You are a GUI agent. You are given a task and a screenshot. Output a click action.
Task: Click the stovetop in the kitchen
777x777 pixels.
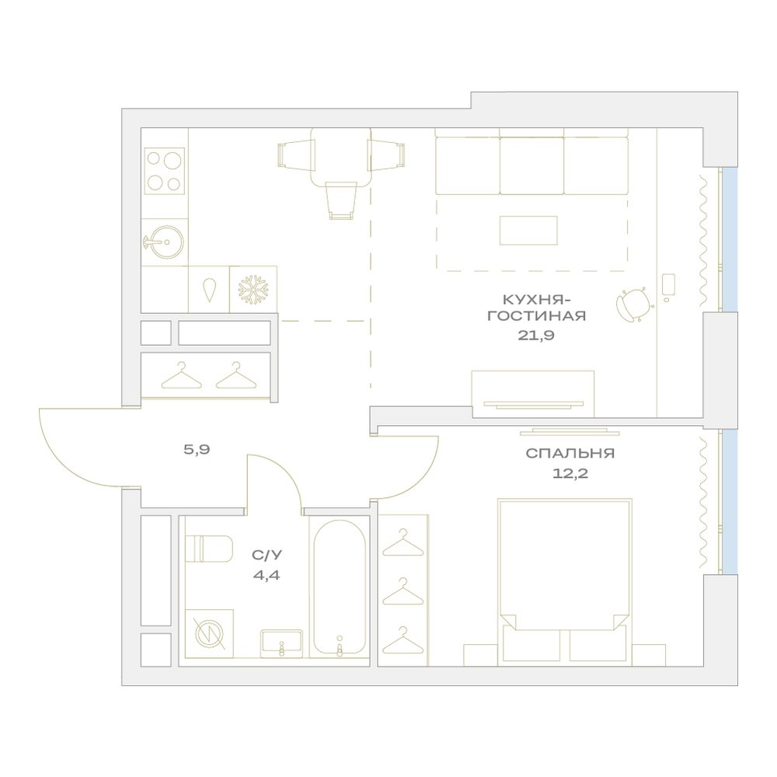[165, 171]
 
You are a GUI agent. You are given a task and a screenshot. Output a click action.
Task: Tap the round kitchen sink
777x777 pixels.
[167, 242]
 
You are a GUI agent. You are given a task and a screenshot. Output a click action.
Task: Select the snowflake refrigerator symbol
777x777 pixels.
[253, 289]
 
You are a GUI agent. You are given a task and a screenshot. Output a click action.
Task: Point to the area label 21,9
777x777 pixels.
[536, 336]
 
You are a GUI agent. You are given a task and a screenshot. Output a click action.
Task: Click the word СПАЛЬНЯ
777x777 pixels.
[570, 453]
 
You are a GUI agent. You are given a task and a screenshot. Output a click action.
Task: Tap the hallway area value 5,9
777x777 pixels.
[197, 450]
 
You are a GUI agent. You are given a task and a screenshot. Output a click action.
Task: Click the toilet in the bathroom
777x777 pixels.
[208, 549]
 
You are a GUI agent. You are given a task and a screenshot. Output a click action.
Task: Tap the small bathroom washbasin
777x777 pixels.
[281, 643]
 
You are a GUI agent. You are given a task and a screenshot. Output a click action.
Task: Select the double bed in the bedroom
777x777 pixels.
[565, 582]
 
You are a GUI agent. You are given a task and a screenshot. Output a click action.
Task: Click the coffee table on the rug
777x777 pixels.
[528, 231]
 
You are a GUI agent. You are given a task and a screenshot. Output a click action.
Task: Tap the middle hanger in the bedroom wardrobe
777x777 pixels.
[402, 591]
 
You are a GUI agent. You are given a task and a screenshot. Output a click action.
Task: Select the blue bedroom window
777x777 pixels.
[729, 501]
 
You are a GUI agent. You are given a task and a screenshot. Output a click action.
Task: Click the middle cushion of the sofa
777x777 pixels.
[531, 166]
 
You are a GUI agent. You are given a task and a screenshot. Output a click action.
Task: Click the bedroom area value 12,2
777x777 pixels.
[570, 473]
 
